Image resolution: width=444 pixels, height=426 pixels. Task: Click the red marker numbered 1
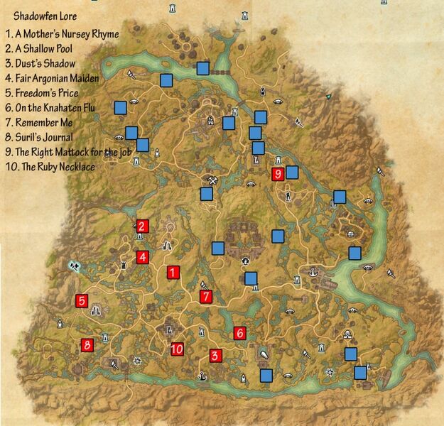point(173,272)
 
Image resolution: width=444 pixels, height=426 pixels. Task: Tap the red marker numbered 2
point(142,226)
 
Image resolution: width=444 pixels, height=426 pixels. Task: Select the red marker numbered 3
point(215,356)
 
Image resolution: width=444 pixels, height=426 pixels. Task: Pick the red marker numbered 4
point(143,257)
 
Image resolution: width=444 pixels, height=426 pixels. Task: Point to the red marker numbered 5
point(82,301)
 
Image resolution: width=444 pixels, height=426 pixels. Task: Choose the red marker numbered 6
point(239,332)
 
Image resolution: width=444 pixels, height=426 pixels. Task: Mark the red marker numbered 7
point(206,297)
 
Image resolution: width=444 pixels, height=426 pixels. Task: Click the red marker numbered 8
point(87,345)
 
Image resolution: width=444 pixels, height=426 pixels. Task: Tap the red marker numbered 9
point(278,174)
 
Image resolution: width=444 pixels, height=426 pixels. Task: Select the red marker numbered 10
point(177,349)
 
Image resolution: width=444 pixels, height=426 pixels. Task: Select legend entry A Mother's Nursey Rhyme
point(62,33)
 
